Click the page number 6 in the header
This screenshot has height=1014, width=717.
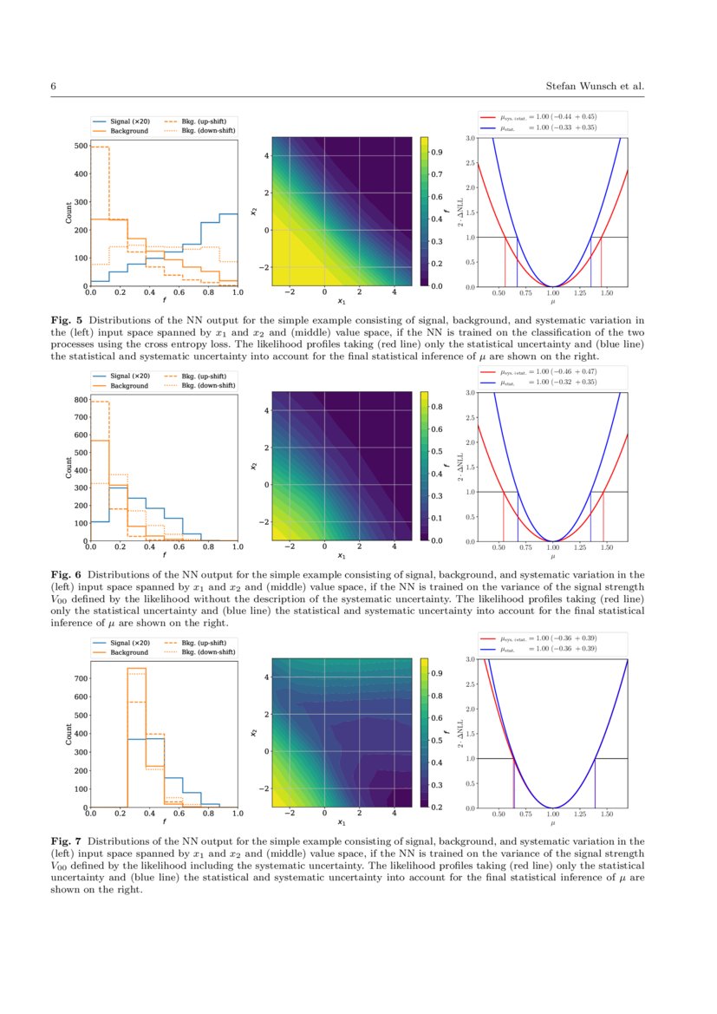tap(54, 87)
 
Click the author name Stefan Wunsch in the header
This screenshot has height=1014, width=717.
tap(583, 87)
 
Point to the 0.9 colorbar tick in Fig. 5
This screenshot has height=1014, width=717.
tap(438, 153)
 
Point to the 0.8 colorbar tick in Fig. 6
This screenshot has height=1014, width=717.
tap(438, 407)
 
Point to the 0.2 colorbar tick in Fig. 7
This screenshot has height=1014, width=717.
tap(438, 808)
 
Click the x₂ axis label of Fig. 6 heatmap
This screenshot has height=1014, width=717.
tap(252, 466)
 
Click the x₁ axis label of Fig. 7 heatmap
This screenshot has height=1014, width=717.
tap(342, 821)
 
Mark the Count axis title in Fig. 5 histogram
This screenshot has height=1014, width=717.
tap(68, 213)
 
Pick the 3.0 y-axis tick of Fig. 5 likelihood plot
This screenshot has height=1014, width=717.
tap(469, 138)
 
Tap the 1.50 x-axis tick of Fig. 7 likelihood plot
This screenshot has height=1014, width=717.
tap(607, 815)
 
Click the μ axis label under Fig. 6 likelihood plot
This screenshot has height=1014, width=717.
tap(552, 556)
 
